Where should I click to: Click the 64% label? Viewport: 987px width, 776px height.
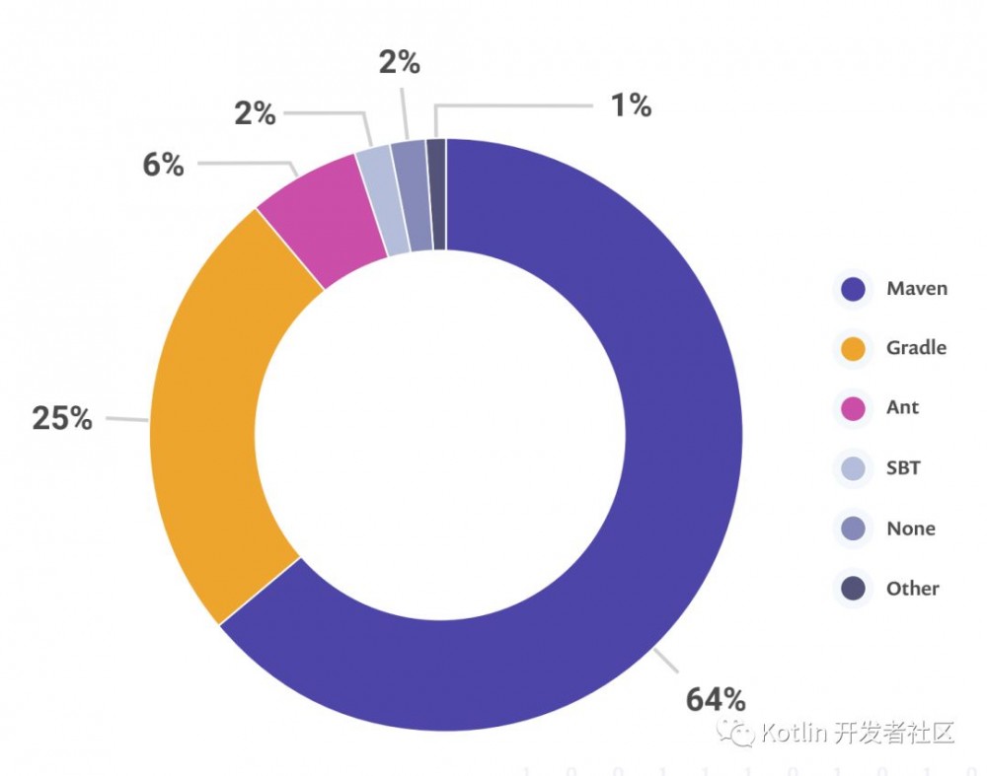click(716, 699)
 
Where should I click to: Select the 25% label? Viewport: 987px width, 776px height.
click(62, 418)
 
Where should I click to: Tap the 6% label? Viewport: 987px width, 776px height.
click(163, 165)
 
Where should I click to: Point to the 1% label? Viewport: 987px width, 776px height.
click(631, 106)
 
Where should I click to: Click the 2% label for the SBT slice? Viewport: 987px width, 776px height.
click(255, 113)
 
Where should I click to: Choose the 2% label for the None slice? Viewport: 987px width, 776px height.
click(399, 62)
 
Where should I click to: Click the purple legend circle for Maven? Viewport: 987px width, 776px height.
click(853, 289)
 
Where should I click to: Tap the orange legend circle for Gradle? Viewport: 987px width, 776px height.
click(853, 348)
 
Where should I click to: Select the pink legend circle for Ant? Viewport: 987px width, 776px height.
click(853, 408)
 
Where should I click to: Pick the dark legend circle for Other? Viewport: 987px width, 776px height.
click(853, 589)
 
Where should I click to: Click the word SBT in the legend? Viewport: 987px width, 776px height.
click(903, 467)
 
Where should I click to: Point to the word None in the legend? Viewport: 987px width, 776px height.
click(910, 529)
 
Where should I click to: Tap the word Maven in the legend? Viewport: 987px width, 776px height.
click(917, 288)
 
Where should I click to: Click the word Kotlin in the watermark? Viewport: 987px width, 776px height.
click(796, 733)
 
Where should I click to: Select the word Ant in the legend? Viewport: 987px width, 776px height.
click(902, 407)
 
